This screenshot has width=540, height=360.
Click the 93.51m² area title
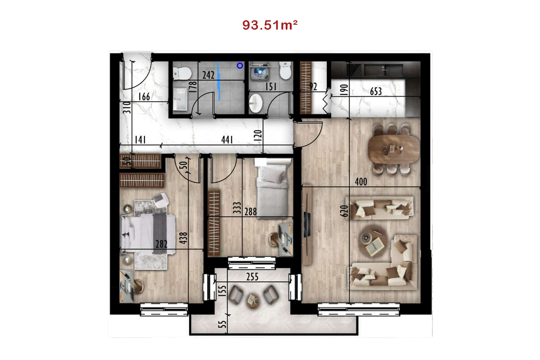(270, 25)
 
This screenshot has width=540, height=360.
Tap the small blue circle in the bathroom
(240, 66)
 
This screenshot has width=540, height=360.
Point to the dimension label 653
(376, 91)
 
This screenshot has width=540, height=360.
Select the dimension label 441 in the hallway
(227, 139)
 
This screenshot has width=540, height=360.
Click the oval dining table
(394, 148)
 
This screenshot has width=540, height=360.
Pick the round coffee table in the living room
(373, 242)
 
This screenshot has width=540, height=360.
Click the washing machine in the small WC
(260, 72)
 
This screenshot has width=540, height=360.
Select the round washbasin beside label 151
(256, 103)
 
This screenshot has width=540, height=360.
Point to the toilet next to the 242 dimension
(182, 73)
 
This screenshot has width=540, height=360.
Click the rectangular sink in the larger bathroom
(180, 99)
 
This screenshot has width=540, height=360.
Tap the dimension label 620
(344, 211)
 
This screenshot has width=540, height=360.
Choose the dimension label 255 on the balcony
(252, 277)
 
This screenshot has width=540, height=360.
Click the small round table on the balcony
(253, 301)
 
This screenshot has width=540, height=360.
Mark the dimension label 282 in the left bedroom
(161, 244)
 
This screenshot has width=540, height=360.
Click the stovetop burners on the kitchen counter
(354, 70)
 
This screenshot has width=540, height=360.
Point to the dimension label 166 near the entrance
(144, 97)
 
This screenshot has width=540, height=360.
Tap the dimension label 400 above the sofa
(361, 182)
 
